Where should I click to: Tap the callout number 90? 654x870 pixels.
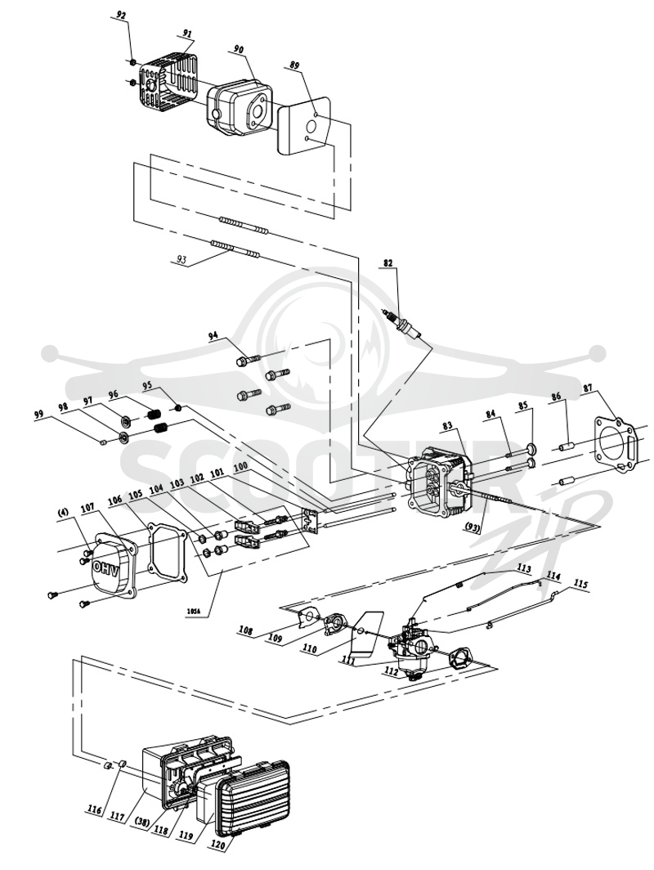click(x=239, y=49)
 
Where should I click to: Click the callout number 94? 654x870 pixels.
click(x=214, y=336)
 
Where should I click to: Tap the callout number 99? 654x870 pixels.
click(x=38, y=414)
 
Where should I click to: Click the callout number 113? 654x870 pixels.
click(x=524, y=569)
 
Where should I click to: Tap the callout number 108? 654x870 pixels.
click(x=246, y=631)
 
